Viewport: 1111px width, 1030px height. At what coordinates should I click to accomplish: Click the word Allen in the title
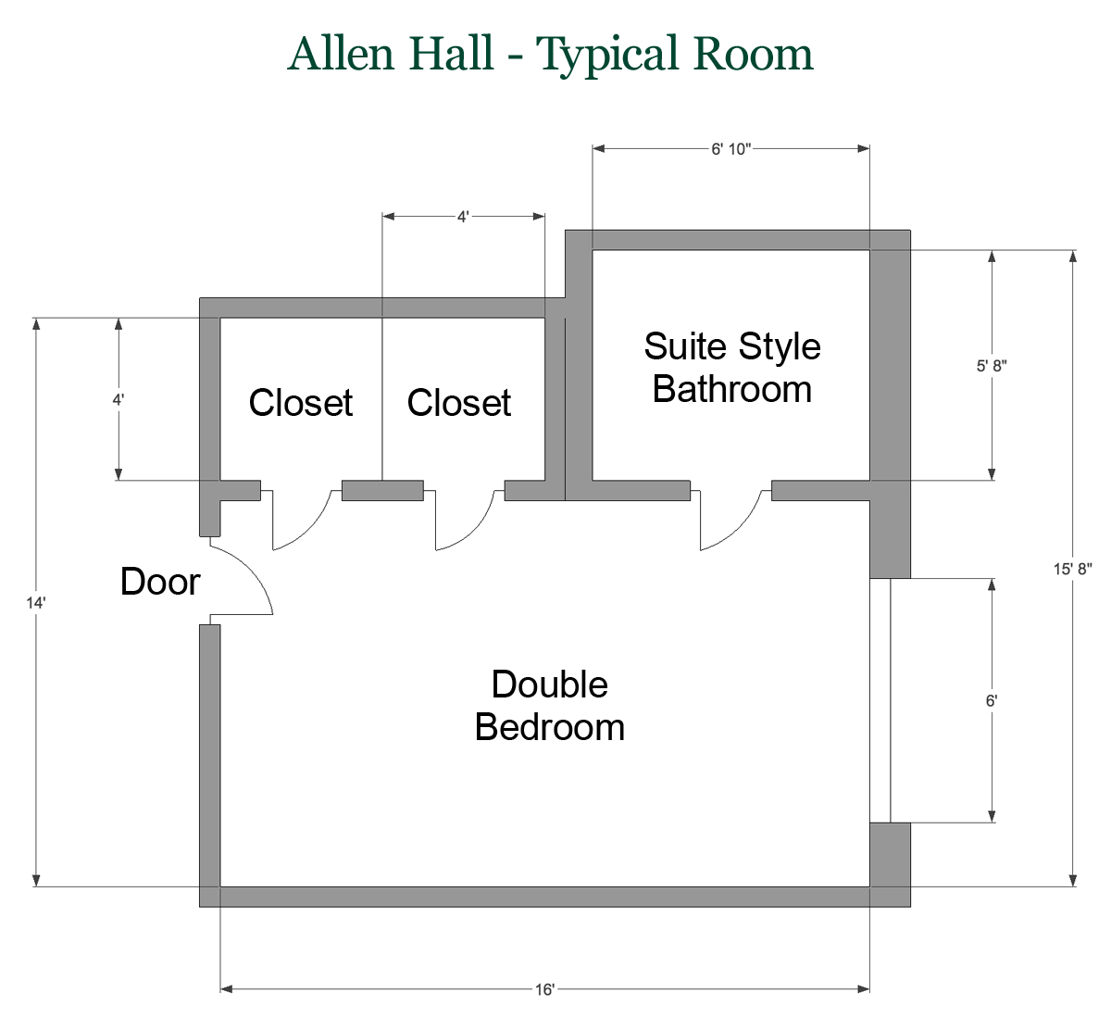(x=343, y=54)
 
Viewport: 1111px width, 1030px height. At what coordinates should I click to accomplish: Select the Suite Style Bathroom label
(x=732, y=368)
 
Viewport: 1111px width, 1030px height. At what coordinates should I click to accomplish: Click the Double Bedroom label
(x=550, y=706)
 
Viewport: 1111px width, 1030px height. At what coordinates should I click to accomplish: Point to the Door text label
(x=160, y=582)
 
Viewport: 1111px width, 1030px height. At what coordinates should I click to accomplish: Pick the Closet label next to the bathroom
(x=459, y=403)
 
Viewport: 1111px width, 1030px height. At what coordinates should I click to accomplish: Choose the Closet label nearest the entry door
(x=301, y=403)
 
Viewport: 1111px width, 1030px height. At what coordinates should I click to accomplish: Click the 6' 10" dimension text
(x=730, y=149)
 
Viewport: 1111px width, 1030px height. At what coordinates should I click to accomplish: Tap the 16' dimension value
(x=544, y=990)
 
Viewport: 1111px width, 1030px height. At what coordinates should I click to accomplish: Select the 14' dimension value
(x=36, y=603)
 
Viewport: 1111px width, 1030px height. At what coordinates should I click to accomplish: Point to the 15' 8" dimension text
(x=1072, y=569)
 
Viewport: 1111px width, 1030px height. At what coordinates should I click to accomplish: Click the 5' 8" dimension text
(x=992, y=366)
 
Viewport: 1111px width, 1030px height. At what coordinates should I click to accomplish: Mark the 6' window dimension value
(x=992, y=701)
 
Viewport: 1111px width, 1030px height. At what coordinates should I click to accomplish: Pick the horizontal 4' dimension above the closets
(x=463, y=217)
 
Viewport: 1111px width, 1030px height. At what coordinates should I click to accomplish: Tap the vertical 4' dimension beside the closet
(x=119, y=400)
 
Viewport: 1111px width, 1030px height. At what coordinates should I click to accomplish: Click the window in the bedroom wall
(x=880, y=701)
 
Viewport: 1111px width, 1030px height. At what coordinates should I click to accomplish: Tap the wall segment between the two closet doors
(x=382, y=491)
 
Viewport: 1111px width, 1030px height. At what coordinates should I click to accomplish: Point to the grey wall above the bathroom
(x=731, y=240)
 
